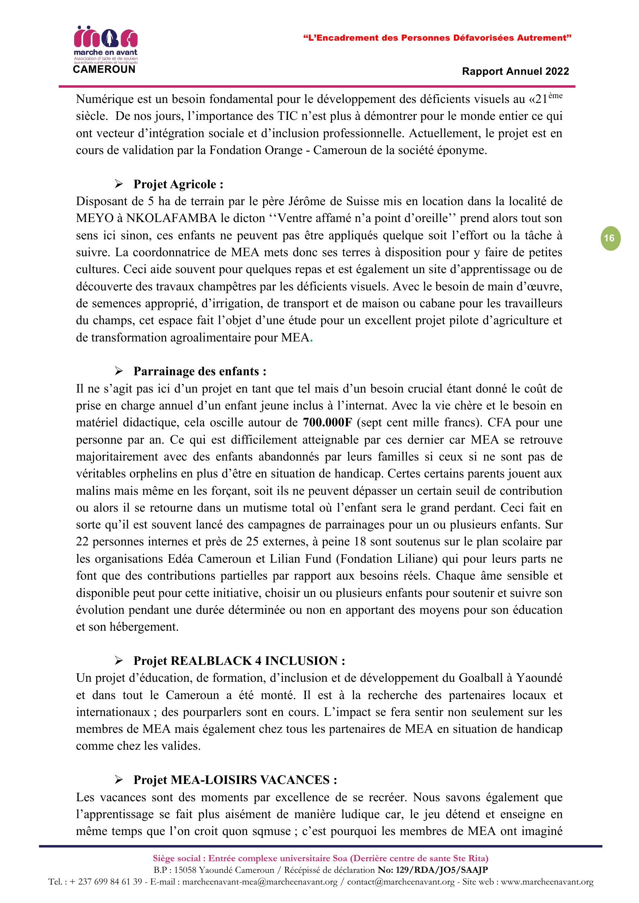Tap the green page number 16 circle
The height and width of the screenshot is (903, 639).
pyautogui.click(x=610, y=239)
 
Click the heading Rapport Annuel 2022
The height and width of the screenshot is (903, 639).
pyautogui.click(x=515, y=72)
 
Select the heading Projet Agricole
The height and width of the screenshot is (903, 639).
pyautogui.click(x=178, y=184)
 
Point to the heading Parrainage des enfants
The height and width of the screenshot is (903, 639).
pyautogui.click(x=200, y=371)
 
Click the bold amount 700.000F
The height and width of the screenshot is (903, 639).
pyautogui.click(x=327, y=422)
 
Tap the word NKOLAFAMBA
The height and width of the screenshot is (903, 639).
pyautogui.click(x=171, y=218)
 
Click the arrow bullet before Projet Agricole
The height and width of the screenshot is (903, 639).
pyautogui.click(x=119, y=184)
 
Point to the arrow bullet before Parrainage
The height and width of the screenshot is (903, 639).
pyautogui.click(x=119, y=371)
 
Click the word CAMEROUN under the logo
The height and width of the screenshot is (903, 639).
pyautogui.click(x=104, y=70)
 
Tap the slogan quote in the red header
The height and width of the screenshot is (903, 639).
pyautogui.click(x=437, y=38)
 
